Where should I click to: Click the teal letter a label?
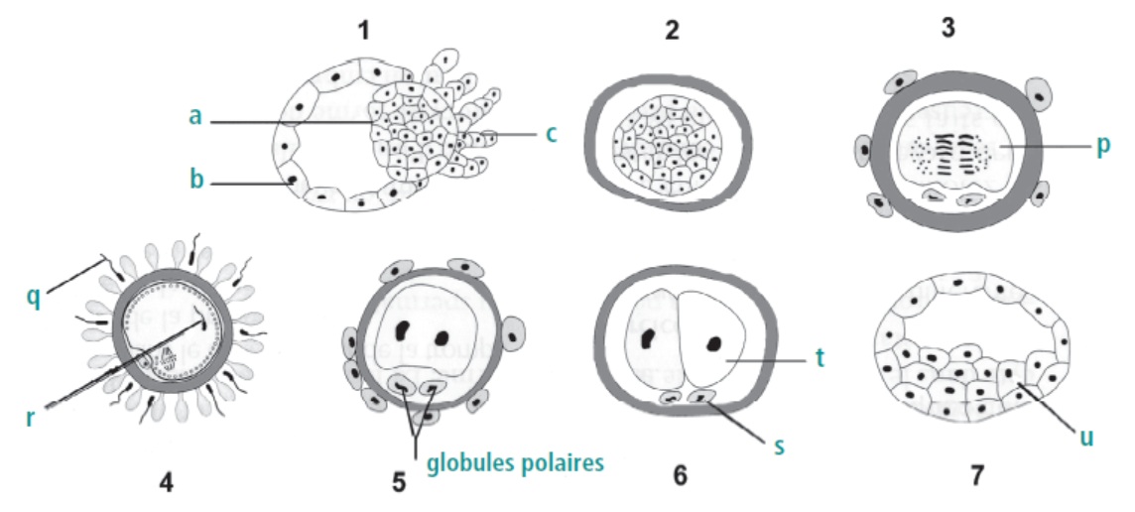[194, 116]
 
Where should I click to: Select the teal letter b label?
[195, 179]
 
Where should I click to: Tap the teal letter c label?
[552, 134]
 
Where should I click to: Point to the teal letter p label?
[1102, 146]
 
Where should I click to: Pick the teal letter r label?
[31, 418]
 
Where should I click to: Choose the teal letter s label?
[779, 447]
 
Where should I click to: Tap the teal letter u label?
[1085, 438]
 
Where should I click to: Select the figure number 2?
[672, 32]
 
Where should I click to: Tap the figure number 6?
[681, 476]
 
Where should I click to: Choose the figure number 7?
[976, 476]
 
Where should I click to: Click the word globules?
[469, 462]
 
